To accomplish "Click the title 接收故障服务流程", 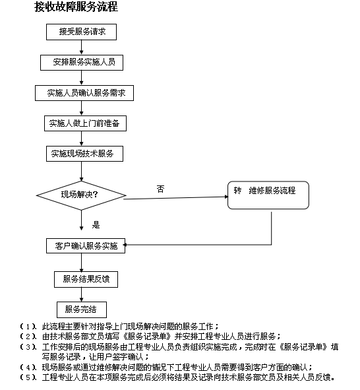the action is (76, 7).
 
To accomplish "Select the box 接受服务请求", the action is (81, 32).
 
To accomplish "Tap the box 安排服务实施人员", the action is (82, 63).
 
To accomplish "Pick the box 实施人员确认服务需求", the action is (84, 93).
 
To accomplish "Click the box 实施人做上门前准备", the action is (85, 123).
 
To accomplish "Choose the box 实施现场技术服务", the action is (84, 154).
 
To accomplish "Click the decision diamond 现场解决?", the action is (81, 195).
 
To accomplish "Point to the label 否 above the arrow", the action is (160, 189).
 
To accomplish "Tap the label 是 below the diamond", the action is (96, 225).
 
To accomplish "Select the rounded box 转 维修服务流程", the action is (268, 195).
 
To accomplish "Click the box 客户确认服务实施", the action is (86, 246).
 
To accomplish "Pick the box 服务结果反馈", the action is (86, 279).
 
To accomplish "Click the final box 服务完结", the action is (82, 309).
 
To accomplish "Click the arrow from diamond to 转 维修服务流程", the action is (175, 198).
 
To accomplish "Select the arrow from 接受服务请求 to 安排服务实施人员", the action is (81, 48).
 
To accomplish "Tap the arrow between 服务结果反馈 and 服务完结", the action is (81, 295).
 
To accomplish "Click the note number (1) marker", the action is (28, 327).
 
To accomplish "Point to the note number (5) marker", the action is (28, 377).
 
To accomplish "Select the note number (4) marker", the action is (28, 367).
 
